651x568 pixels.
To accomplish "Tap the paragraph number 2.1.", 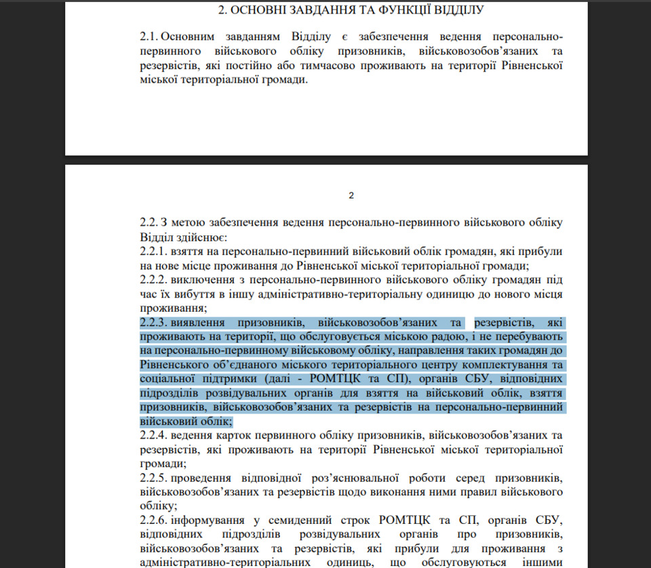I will tap(151, 36).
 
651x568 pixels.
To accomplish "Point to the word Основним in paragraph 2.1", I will tap(193, 36).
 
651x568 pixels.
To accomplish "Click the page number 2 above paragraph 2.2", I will tap(351, 196).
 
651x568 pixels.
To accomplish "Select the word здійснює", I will tap(205, 237).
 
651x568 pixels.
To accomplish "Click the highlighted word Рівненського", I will tap(173, 366).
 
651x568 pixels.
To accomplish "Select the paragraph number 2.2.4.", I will tap(155, 434).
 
